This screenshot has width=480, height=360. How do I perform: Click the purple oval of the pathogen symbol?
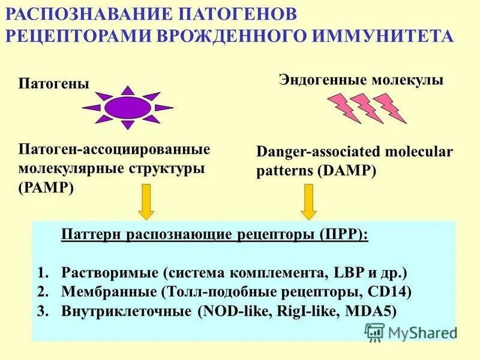[x=127, y=107]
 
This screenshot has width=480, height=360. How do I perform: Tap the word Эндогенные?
[x=319, y=80]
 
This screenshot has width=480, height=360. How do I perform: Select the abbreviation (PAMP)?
[x=46, y=187]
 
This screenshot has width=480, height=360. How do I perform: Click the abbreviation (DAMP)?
[x=348, y=170]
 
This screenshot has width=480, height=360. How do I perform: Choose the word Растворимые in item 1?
[x=109, y=273]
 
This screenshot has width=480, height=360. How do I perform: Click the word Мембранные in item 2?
[x=109, y=292]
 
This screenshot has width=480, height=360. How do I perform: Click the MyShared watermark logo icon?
[x=374, y=332]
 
